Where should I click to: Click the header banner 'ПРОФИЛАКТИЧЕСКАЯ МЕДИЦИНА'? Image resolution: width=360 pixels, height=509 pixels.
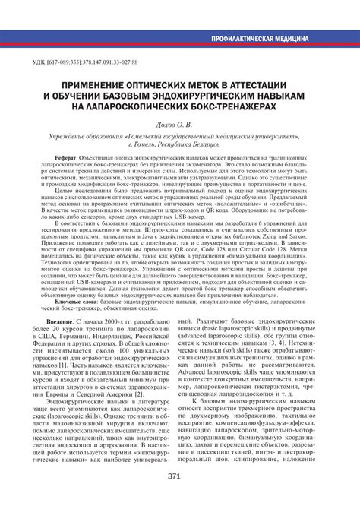click(259, 37)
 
